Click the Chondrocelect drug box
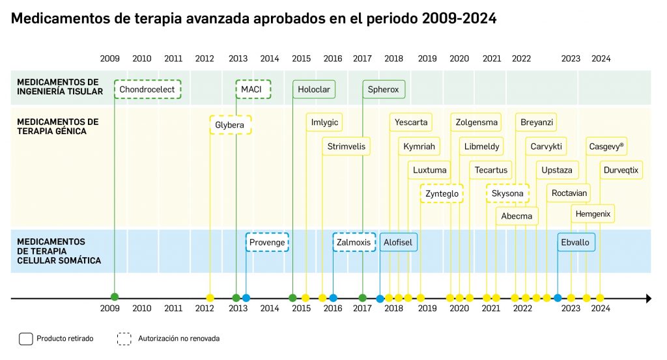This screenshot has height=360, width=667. (147, 89)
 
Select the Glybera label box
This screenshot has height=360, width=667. (230, 124)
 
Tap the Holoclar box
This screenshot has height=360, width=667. (314, 89)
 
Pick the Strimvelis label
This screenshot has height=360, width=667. (347, 146)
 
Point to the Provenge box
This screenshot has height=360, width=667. (267, 242)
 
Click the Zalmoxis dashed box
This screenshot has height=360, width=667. (354, 242)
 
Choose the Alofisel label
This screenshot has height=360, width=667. (398, 242)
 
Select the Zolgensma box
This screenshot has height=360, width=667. (476, 122)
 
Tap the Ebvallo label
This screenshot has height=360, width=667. (575, 242)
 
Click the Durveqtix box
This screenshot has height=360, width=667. (621, 170)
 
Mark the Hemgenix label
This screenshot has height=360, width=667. (595, 214)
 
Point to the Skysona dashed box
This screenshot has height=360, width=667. (507, 193)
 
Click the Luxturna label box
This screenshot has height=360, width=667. (430, 170)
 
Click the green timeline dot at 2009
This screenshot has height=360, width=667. (115, 298)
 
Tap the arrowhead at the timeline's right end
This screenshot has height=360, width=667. (648, 298)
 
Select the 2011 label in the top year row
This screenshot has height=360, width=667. (173, 59)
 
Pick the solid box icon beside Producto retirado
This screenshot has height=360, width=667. (26, 339)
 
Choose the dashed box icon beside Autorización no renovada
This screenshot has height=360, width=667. (124, 339)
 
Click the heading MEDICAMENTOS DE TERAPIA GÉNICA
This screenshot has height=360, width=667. (58, 126)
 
